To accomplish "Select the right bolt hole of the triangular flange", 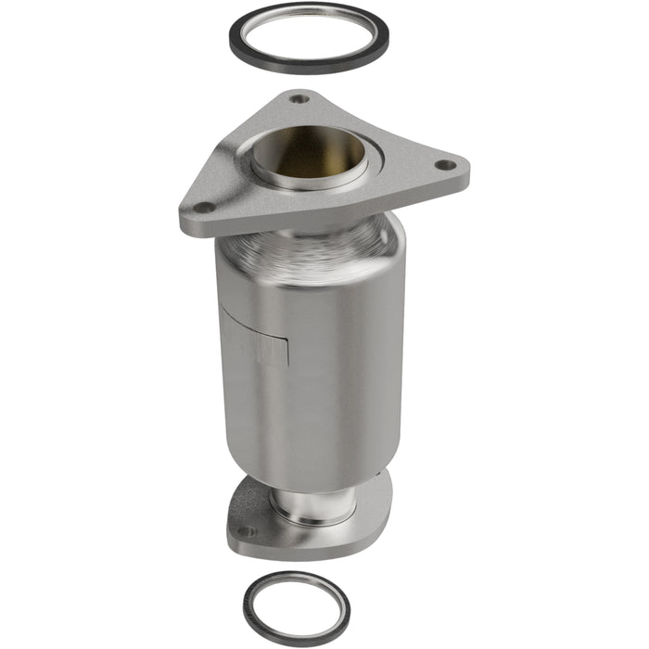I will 446,166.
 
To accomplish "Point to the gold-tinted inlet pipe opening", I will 309,150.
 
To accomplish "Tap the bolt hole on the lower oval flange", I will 245,531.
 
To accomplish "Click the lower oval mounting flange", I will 371,519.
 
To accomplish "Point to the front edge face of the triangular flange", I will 278,223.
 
